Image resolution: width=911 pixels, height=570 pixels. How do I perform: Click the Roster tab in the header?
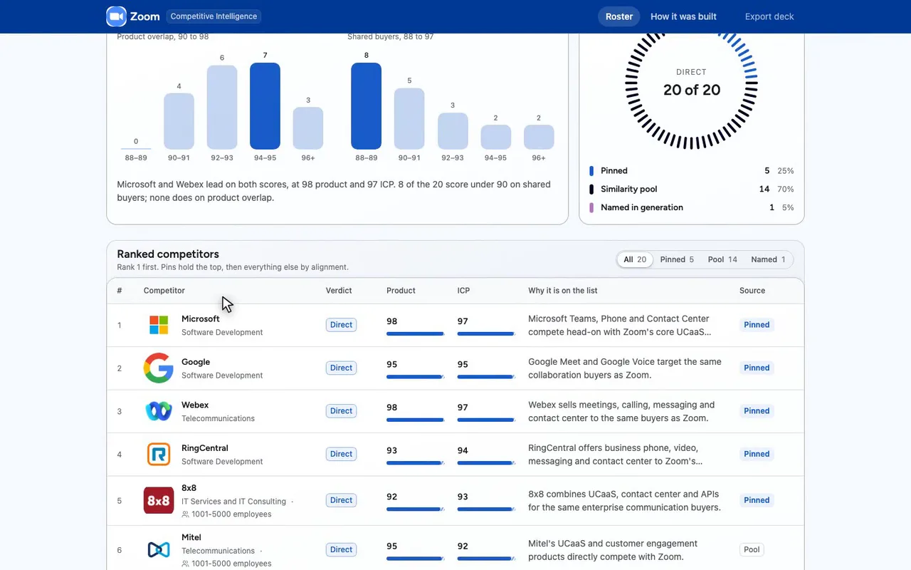tap(618, 16)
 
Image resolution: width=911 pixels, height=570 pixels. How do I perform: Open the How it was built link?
tap(683, 16)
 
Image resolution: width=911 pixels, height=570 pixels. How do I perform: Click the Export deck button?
tap(769, 16)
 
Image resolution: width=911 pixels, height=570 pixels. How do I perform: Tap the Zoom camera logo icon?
tap(116, 16)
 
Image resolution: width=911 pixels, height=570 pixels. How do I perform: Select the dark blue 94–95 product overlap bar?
tap(265, 106)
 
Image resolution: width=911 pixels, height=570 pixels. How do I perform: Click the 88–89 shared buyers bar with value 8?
tap(366, 106)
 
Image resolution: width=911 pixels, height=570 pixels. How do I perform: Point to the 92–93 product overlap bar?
tap(221, 107)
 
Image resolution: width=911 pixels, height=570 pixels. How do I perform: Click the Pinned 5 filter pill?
tap(677, 259)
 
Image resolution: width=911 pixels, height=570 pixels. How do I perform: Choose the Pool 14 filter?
tap(722, 259)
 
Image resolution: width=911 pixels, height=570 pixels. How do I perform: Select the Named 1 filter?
tap(768, 259)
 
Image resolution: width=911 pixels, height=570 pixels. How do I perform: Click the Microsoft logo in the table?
tap(159, 325)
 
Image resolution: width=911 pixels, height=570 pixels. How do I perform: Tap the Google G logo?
tap(159, 368)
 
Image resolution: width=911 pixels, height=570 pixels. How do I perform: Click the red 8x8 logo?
tap(159, 500)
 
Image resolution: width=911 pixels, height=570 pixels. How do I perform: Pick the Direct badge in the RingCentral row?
tap(341, 454)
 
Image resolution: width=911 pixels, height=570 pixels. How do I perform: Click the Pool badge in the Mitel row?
tap(752, 549)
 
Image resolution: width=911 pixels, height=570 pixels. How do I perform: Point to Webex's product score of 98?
tap(391, 407)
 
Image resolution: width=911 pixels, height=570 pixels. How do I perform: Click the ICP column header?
tap(463, 290)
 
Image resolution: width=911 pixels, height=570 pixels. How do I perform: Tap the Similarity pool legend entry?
tap(628, 189)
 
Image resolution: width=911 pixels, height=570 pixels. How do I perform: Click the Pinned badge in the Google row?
tap(757, 368)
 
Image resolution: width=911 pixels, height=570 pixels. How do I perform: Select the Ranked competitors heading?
tap(168, 254)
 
